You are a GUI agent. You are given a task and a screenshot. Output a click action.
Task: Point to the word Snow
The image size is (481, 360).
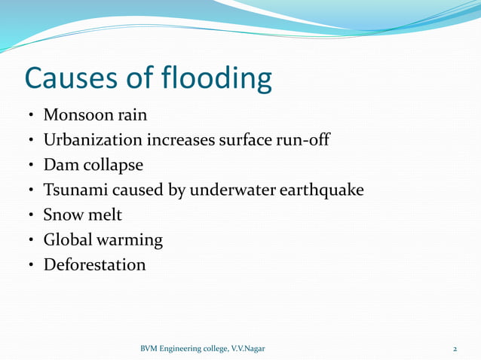62,215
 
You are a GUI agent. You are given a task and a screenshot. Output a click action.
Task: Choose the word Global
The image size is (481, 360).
66,239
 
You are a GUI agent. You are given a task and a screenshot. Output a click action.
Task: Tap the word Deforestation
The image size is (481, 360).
94,264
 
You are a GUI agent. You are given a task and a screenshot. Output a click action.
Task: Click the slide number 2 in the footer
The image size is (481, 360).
455,349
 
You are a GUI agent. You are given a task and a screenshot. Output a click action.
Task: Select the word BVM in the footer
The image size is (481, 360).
151,349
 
